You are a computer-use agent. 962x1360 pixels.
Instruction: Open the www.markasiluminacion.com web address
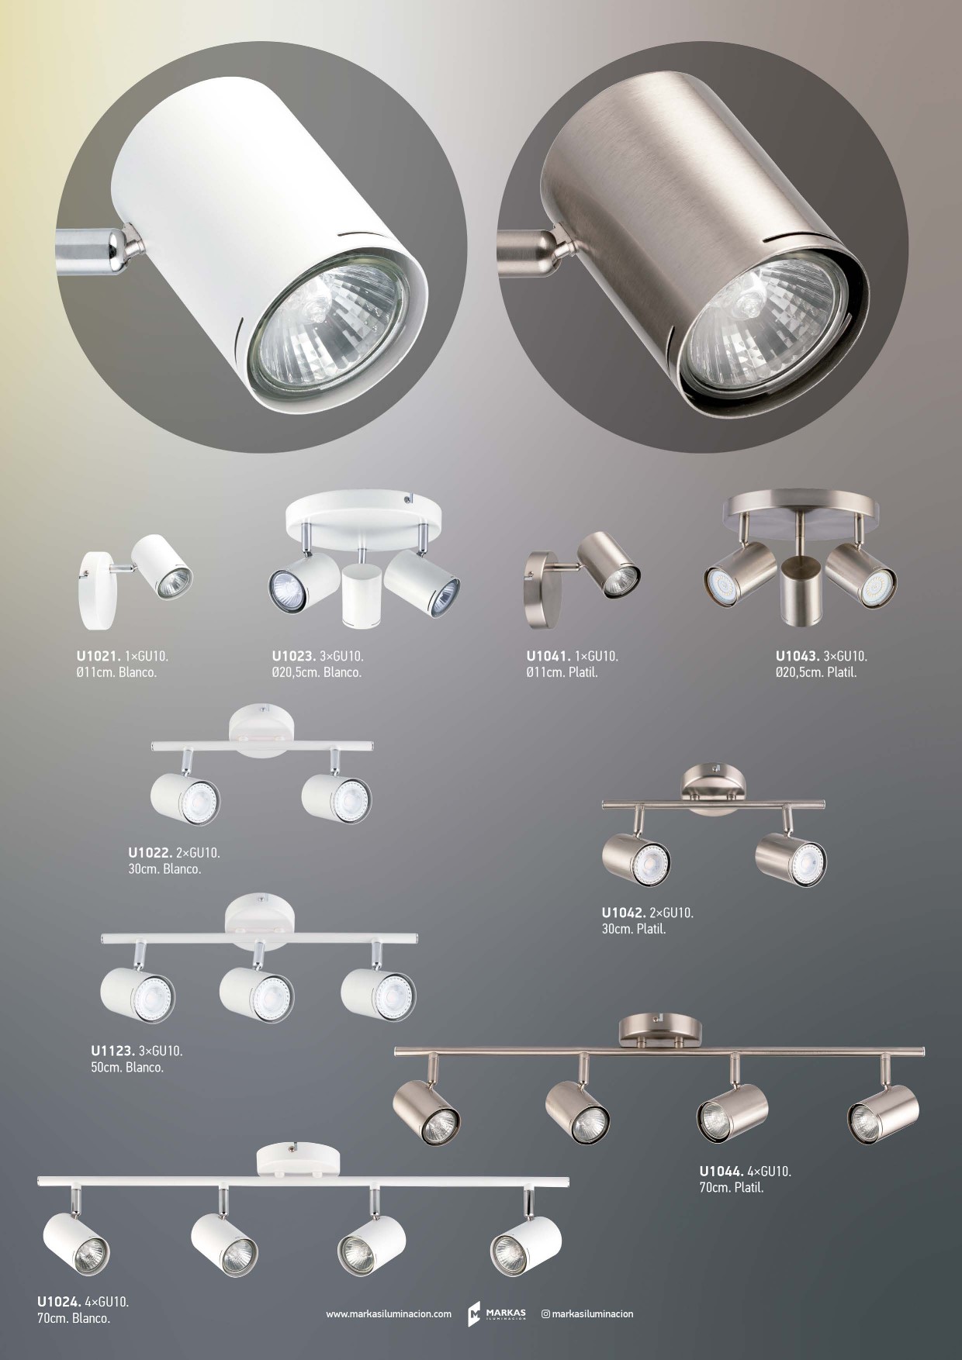coord(389,1313)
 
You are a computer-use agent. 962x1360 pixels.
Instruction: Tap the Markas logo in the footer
coord(497,1313)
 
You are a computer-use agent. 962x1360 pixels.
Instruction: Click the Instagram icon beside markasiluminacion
coord(545,1313)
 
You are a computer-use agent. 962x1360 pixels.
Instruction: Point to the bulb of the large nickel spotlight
coord(763,326)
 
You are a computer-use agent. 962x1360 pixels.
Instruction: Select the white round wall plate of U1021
coord(98,589)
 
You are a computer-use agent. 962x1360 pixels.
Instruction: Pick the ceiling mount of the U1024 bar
coord(299,1162)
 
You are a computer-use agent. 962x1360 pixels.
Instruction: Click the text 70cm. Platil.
coord(732,1187)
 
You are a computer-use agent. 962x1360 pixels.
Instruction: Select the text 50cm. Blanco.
coord(127,1068)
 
